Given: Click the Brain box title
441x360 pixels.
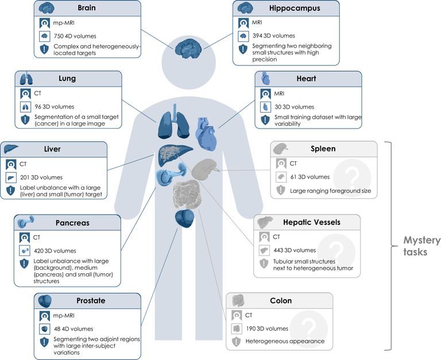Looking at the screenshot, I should point(87,9).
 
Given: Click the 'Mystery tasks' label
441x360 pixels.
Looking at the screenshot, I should point(421,246).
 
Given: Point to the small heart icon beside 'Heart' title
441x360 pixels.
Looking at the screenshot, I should point(265,79).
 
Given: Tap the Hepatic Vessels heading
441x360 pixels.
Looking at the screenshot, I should point(311,222).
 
